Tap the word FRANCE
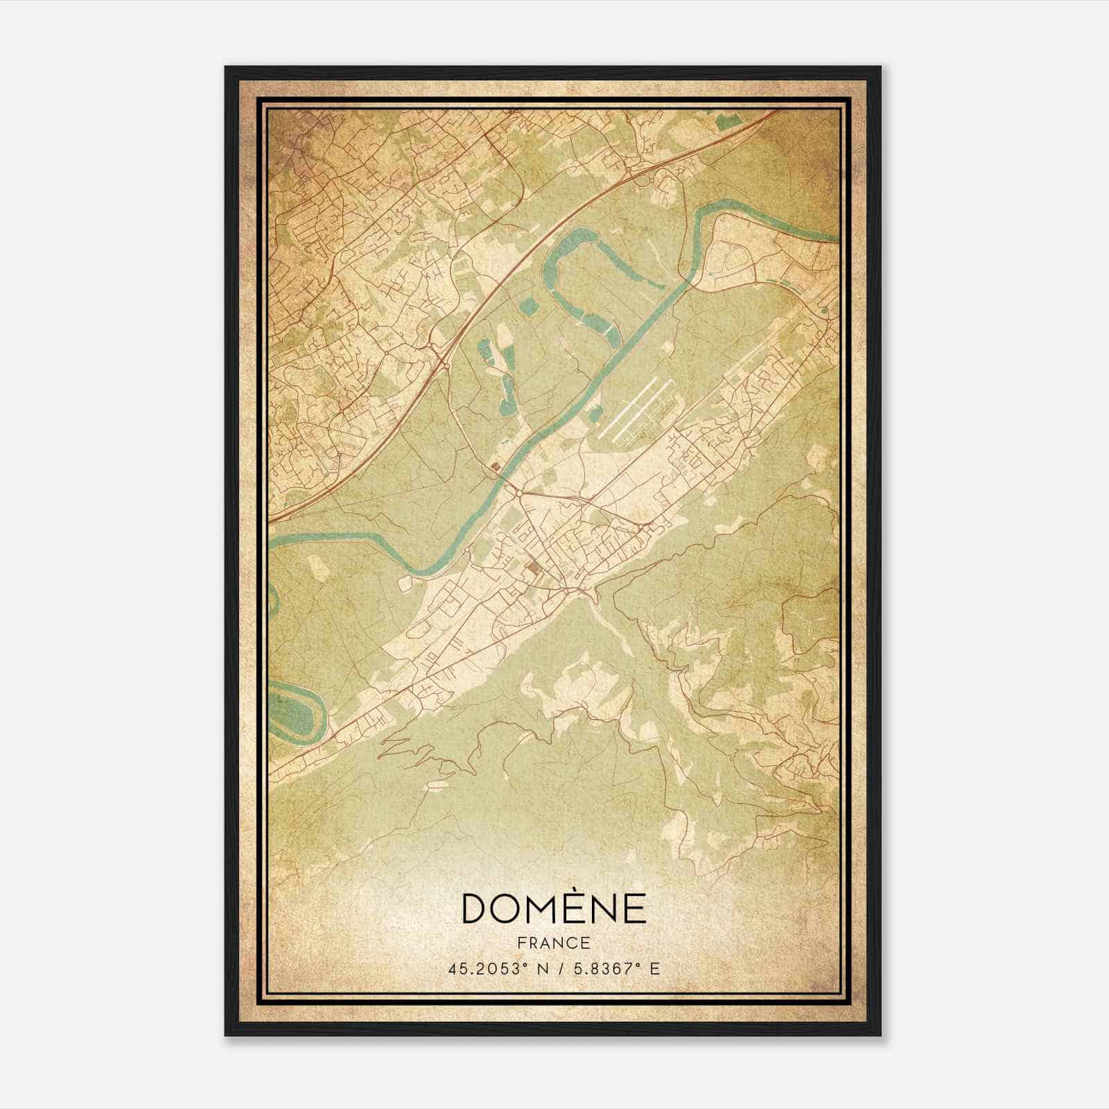(x=554, y=943)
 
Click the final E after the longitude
(x=654, y=968)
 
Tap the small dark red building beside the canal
(x=495, y=467)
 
